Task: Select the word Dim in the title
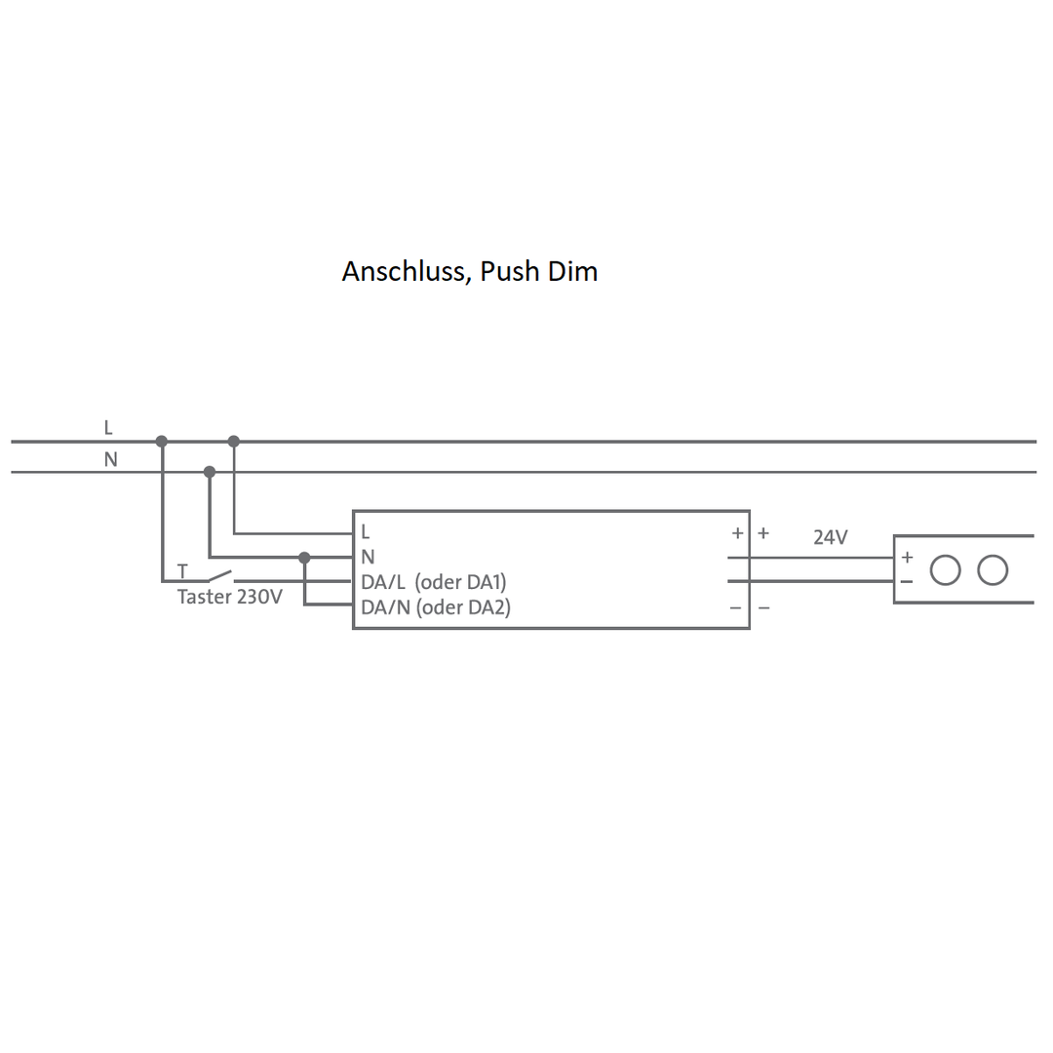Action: (572, 271)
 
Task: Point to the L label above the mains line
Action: (108, 428)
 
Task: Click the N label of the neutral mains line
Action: (110, 459)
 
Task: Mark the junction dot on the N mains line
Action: (210, 472)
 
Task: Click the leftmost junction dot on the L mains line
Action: (162, 442)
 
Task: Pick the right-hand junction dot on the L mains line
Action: (234, 442)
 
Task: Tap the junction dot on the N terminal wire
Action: (304, 558)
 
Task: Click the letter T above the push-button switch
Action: (182, 571)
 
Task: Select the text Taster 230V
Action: (229, 597)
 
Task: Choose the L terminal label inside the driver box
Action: (366, 533)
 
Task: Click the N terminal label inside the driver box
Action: (368, 558)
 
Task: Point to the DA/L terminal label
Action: (382, 582)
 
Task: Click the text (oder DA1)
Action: (460, 582)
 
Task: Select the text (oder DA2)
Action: (462, 607)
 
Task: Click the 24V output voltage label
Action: (831, 537)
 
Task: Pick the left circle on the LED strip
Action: (945, 570)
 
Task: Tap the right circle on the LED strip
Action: (993, 570)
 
